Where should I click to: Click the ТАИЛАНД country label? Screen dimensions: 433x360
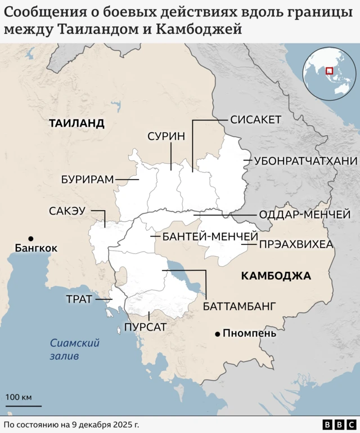pyautogui.click(x=76, y=123)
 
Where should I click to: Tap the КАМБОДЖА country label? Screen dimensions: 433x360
pyautogui.click(x=276, y=275)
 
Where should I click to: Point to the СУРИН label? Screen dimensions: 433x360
pyautogui.click(x=166, y=136)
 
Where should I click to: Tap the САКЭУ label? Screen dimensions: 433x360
pyautogui.click(x=67, y=211)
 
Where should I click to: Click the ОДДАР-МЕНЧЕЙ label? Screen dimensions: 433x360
pyautogui.click(x=304, y=215)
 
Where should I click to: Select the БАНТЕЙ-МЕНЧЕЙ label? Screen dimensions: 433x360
pyautogui.click(x=210, y=236)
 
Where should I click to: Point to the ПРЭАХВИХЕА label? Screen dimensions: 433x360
pyautogui.click(x=296, y=244)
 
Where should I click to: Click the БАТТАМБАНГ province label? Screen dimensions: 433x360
pyautogui.click(x=240, y=306)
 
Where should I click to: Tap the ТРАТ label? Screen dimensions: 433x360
pyautogui.click(x=79, y=299)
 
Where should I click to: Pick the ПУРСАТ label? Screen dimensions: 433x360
pyautogui.click(x=145, y=327)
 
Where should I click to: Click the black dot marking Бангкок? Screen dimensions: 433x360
pyautogui.click(x=31, y=238)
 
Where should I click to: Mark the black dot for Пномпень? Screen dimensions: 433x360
pyautogui.click(x=217, y=334)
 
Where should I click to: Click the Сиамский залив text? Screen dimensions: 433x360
pyautogui.click(x=74, y=349)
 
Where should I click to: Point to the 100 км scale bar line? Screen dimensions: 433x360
pyautogui.click(x=24, y=405)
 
